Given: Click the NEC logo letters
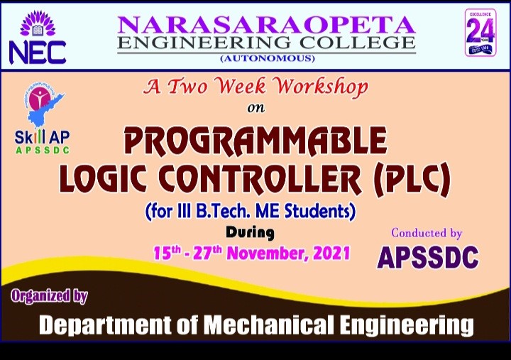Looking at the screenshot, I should pos(38,51).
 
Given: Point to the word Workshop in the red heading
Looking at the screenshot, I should pos(322,88).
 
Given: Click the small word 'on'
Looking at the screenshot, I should pos(255,109).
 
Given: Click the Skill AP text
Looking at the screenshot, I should pos(42,140).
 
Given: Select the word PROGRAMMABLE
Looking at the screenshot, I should pos(255,141).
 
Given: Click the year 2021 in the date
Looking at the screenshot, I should pos(332,253).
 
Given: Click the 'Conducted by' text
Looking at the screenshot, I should pos(427,233).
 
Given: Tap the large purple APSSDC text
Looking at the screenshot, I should pos(427,258).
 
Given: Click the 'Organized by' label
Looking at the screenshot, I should pos(50,296).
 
